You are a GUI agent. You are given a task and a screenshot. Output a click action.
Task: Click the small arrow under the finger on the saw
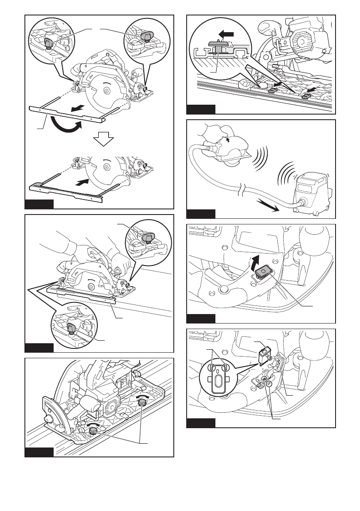(228, 139)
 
